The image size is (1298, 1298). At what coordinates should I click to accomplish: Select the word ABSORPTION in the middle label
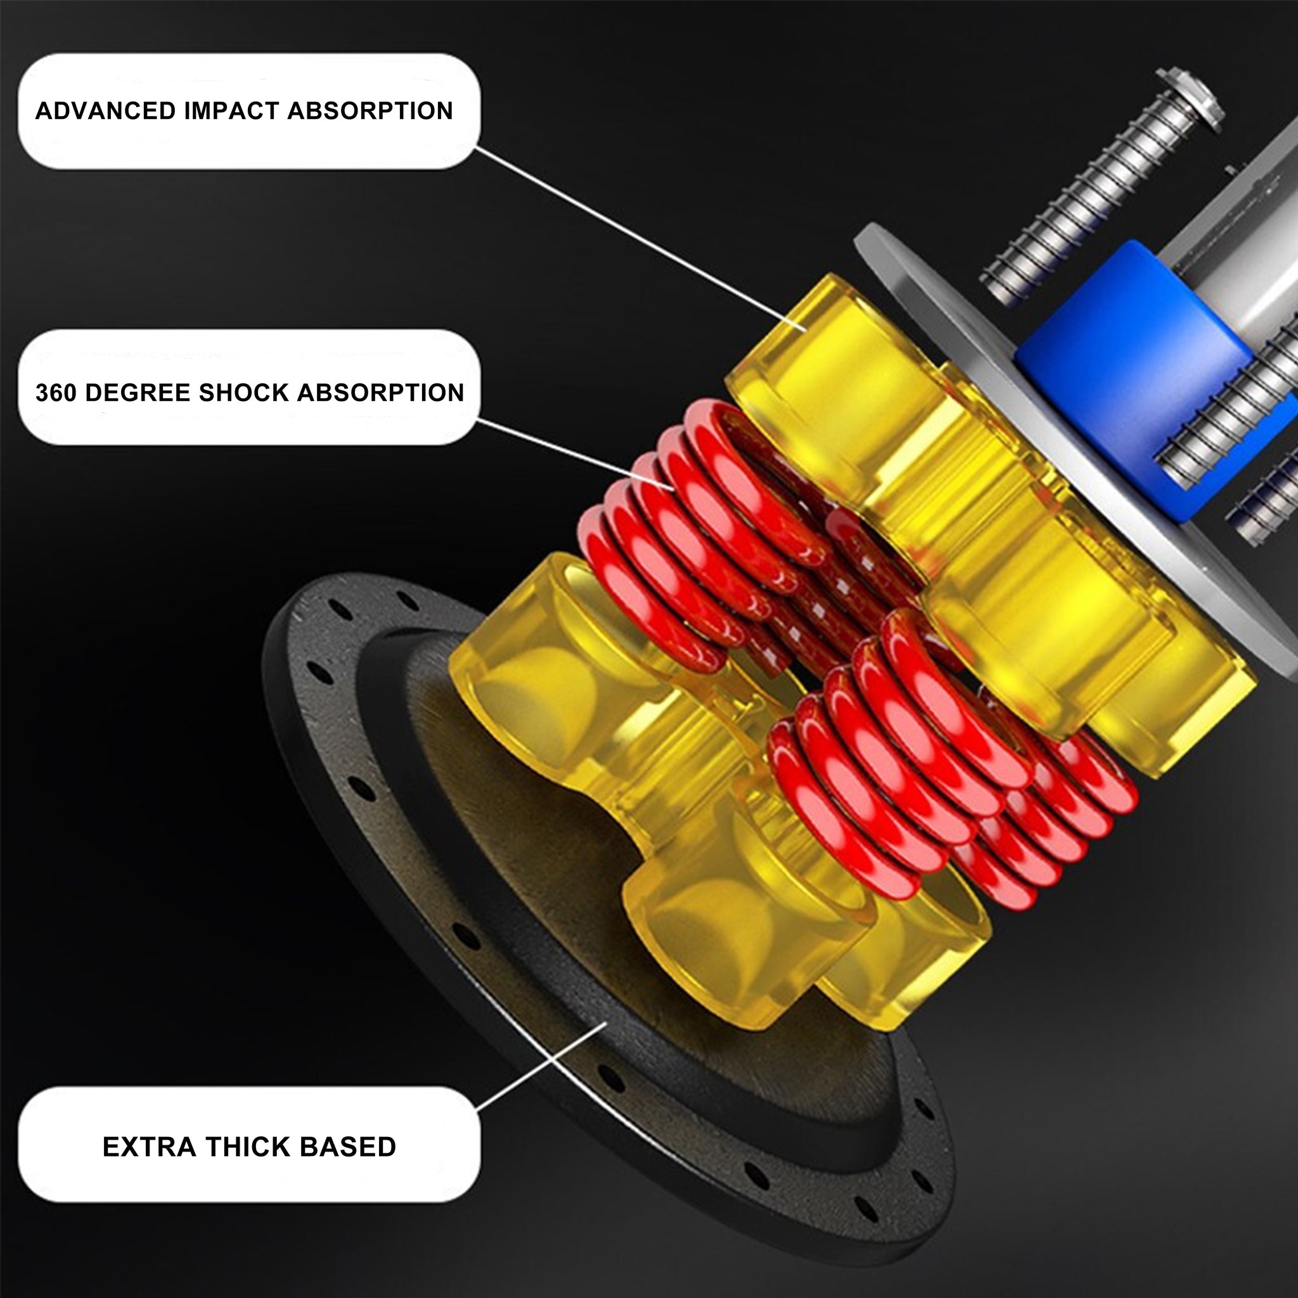tap(380, 392)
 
